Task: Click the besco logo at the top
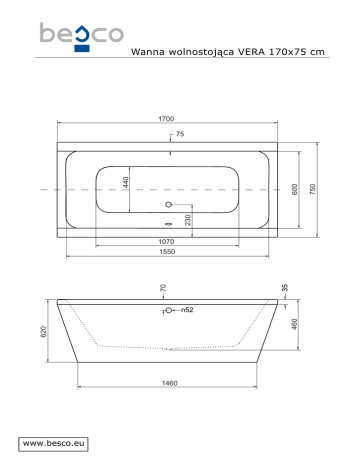coord(82,37)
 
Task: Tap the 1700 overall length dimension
coord(166,119)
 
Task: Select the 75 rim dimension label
coord(180,134)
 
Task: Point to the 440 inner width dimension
coord(126,183)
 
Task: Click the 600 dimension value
coord(295,189)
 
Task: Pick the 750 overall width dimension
coord(313,189)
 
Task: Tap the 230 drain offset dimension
coord(188,220)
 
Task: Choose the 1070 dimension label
coord(166,241)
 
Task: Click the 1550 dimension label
coord(167,251)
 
